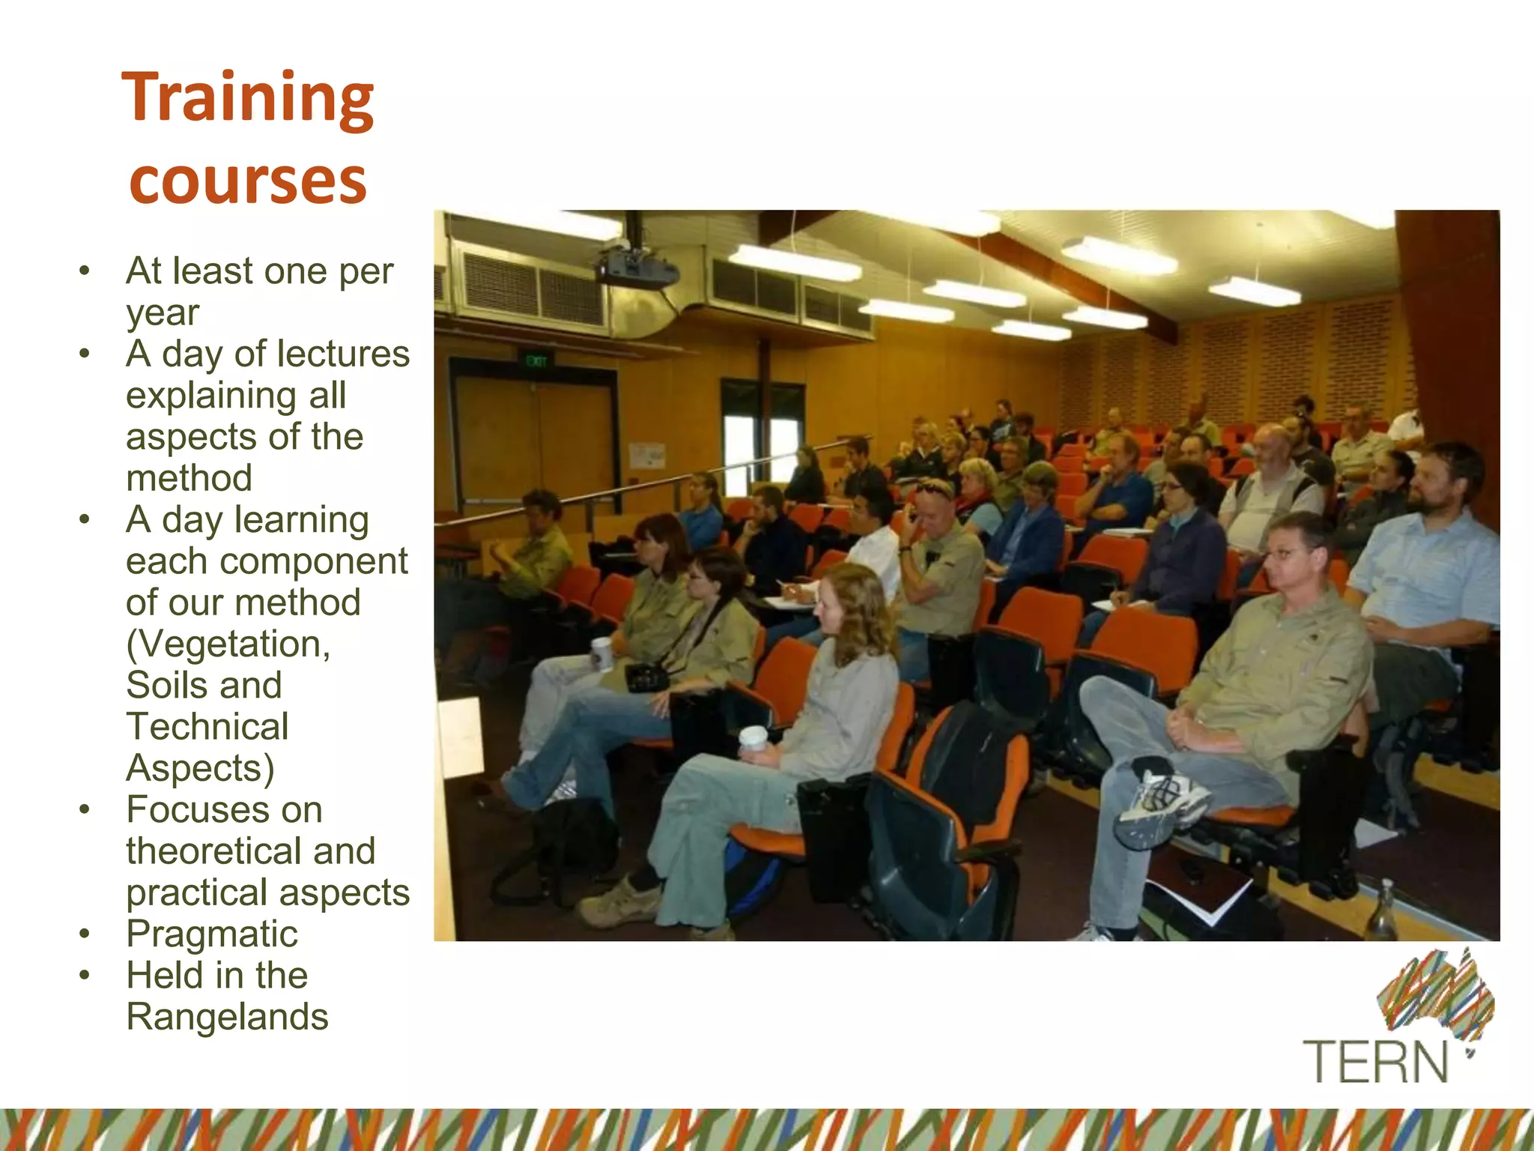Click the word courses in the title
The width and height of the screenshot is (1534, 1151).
point(247,182)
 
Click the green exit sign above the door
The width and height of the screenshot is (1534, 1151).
point(536,362)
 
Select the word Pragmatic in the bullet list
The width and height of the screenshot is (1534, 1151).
point(212,934)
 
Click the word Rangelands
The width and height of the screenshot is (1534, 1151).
point(227,1018)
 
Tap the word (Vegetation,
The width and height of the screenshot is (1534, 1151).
point(228,644)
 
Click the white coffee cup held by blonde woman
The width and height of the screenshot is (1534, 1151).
point(752,738)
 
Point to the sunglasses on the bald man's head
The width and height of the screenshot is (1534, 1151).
point(933,489)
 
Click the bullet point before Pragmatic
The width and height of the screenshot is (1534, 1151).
point(85,934)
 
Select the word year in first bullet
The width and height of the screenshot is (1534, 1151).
point(162,313)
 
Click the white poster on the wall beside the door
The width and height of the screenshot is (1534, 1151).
point(646,456)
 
